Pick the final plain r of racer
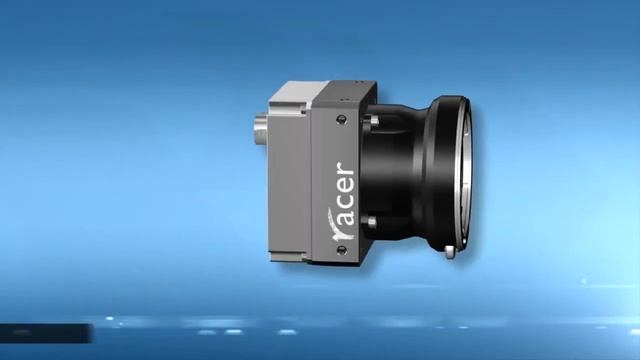(x=339, y=168)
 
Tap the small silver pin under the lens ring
(x=454, y=251)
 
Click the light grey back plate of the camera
(x=290, y=180)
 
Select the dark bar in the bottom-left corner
(x=40, y=329)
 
